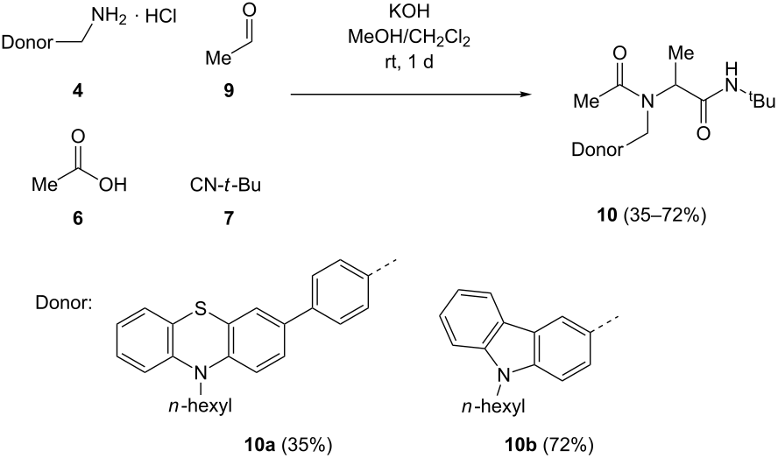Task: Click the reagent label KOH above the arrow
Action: click(x=409, y=12)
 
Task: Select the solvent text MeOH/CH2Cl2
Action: click(x=408, y=38)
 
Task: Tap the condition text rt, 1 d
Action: click(x=409, y=63)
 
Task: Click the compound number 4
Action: click(x=78, y=90)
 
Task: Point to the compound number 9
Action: click(x=229, y=91)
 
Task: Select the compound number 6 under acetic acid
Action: click(x=78, y=217)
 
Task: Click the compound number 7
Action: click(x=229, y=218)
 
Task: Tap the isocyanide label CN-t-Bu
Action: click(x=225, y=185)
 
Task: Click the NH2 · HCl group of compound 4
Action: click(x=134, y=18)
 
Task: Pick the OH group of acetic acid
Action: click(x=113, y=185)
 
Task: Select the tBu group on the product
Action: click(x=761, y=102)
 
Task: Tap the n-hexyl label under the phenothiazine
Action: click(x=200, y=407)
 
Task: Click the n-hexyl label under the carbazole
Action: click(x=492, y=407)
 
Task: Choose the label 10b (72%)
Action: click(x=547, y=444)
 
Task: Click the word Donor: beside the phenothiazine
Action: click(x=64, y=302)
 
